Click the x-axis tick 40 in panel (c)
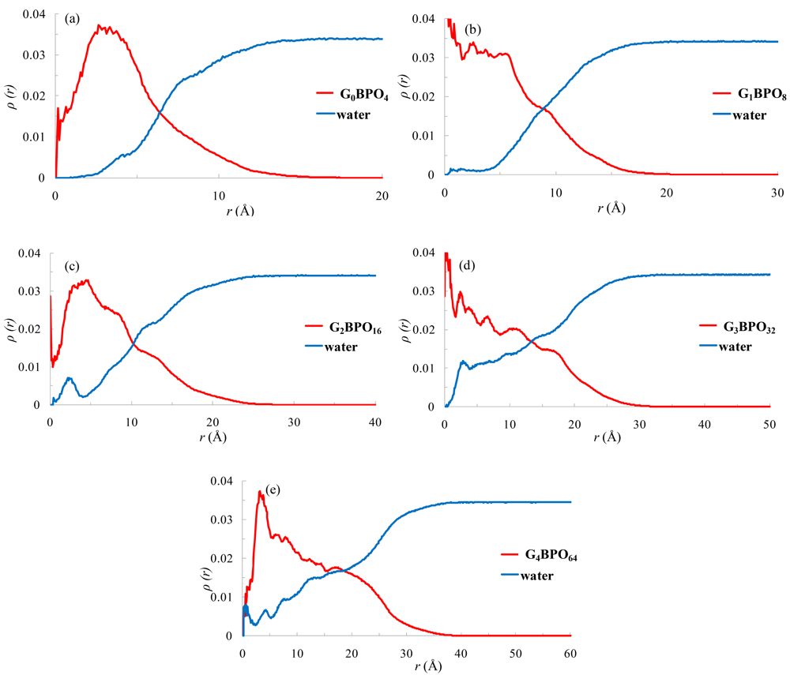point(375,423)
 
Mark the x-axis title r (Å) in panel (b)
point(611,208)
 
